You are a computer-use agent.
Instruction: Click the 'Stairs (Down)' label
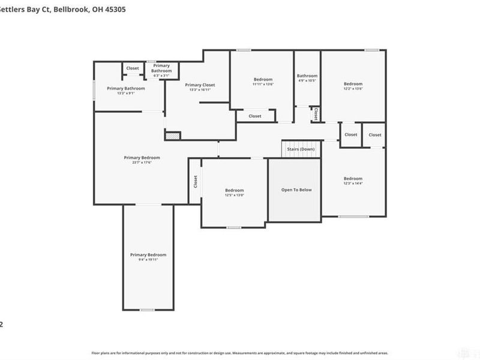(x=301, y=149)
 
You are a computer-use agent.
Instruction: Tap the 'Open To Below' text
(x=296, y=190)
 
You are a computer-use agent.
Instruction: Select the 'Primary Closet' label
(x=200, y=85)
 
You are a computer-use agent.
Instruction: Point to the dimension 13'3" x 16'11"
(x=200, y=90)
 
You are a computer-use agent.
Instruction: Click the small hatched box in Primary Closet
(x=173, y=136)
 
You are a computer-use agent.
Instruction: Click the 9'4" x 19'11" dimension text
(x=148, y=260)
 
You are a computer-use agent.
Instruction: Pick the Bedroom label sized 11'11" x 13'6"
(x=263, y=80)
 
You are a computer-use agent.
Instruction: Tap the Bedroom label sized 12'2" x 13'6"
(x=353, y=83)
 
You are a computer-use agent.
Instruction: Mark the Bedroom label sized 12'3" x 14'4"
(x=353, y=178)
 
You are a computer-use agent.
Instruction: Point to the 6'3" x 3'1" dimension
(x=161, y=76)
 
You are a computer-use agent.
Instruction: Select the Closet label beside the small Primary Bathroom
(x=133, y=68)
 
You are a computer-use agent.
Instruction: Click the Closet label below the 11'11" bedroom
(x=255, y=116)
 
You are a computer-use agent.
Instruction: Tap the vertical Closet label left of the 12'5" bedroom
(x=196, y=181)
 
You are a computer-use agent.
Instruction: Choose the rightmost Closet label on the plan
(x=375, y=135)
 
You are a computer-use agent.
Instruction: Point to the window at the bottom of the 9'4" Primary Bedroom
(x=148, y=310)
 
